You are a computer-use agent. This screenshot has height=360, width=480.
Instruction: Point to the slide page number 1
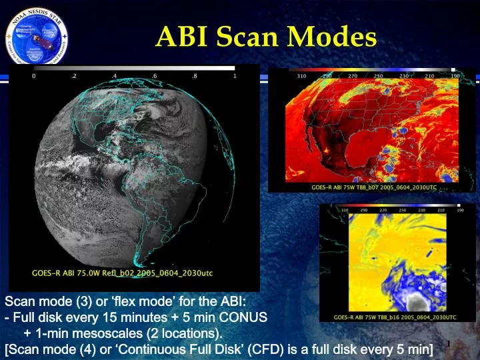point(449,343)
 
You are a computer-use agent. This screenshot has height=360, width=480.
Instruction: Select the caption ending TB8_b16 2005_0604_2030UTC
point(395,317)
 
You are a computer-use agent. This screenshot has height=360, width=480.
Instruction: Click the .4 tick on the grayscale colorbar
point(115,76)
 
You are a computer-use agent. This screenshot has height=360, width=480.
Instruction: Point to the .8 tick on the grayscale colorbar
point(194,76)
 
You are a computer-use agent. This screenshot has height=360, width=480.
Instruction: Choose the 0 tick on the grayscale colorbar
point(34,76)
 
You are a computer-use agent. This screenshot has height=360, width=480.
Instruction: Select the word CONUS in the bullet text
point(246,317)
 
